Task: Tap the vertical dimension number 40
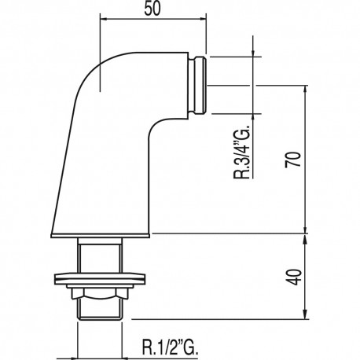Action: pyautogui.click(x=292, y=277)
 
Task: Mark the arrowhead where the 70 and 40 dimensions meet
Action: pyautogui.click(x=304, y=233)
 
